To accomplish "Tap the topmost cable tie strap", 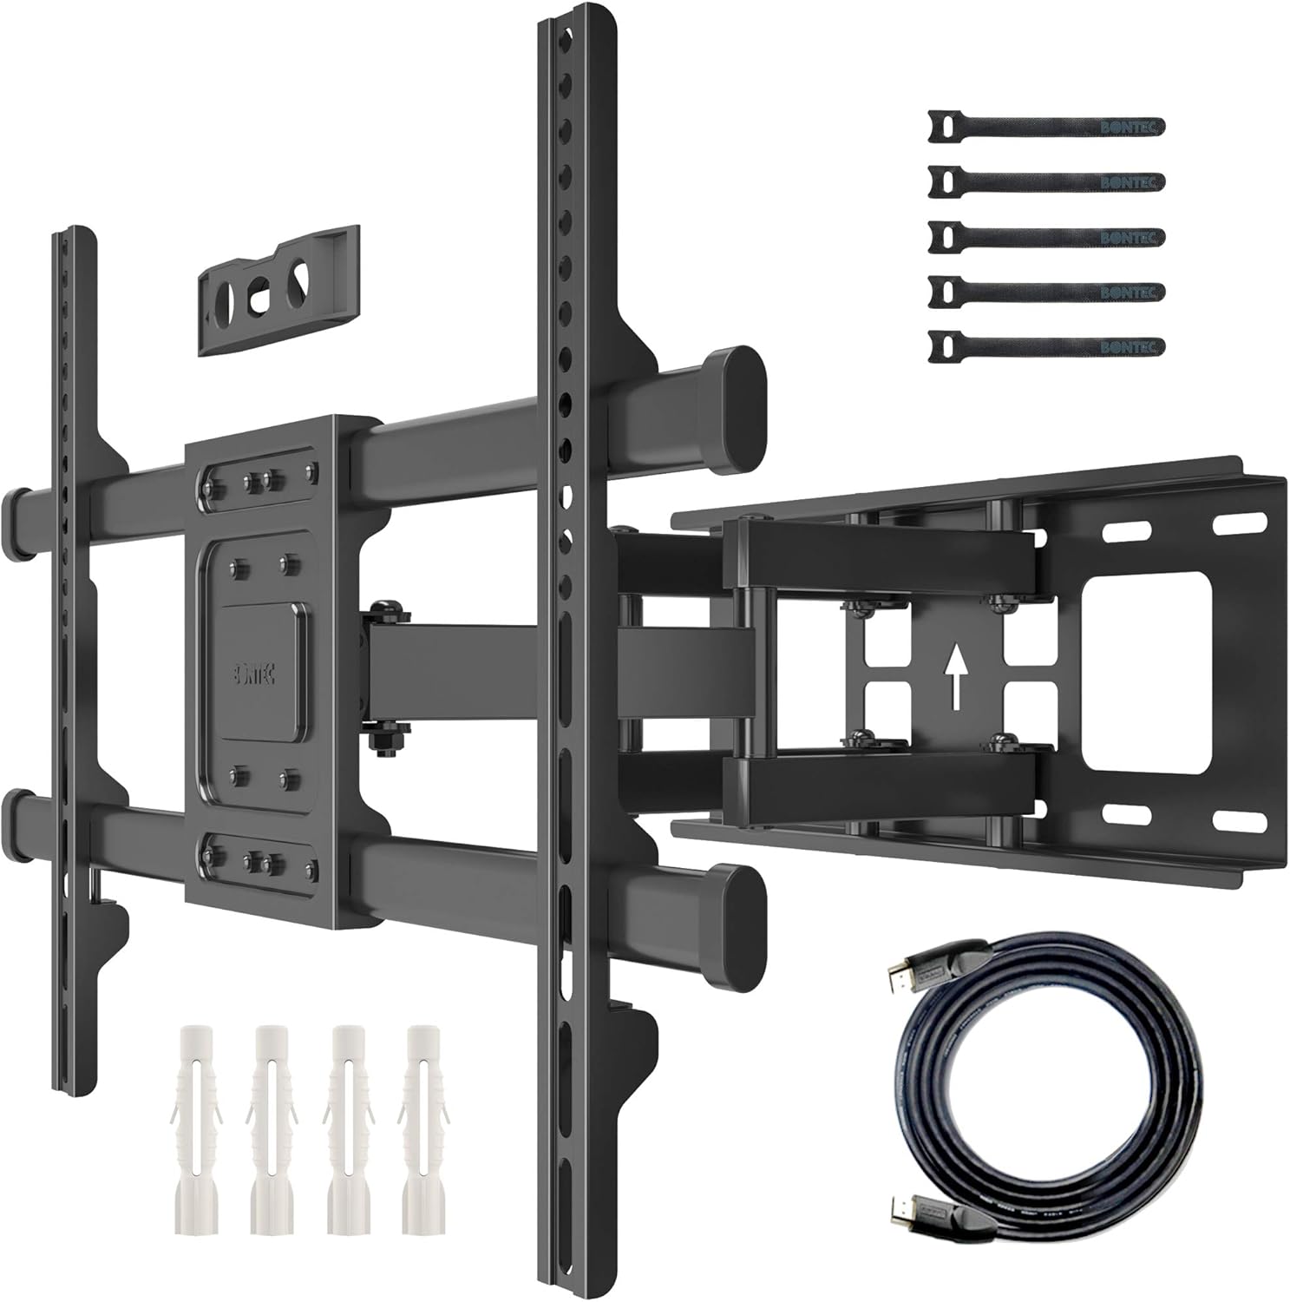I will coord(1046,126).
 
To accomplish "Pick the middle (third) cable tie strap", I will coord(1046,235).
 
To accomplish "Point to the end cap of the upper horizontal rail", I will coord(737,385).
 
